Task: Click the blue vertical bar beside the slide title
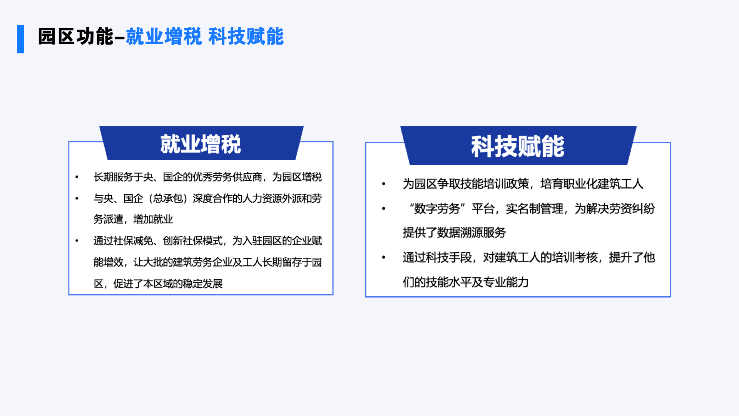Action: [x=21, y=39]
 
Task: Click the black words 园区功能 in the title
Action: [x=76, y=37]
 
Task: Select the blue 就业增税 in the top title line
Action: [x=164, y=37]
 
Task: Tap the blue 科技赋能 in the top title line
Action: [x=246, y=37]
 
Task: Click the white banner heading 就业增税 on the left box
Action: [x=201, y=144]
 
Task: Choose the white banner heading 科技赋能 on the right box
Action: [x=518, y=146]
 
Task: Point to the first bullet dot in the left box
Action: [x=77, y=177]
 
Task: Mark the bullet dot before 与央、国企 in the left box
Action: [x=77, y=198]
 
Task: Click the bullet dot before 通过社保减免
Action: [x=77, y=241]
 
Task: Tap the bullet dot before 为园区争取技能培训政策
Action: [x=383, y=184]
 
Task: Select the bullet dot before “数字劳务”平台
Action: [x=383, y=208]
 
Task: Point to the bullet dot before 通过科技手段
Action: [x=383, y=257]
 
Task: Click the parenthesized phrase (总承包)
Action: [x=168, y=198]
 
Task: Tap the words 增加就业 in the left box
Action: [x=153, y=219]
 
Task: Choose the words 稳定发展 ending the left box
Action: [x=202, y=283]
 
